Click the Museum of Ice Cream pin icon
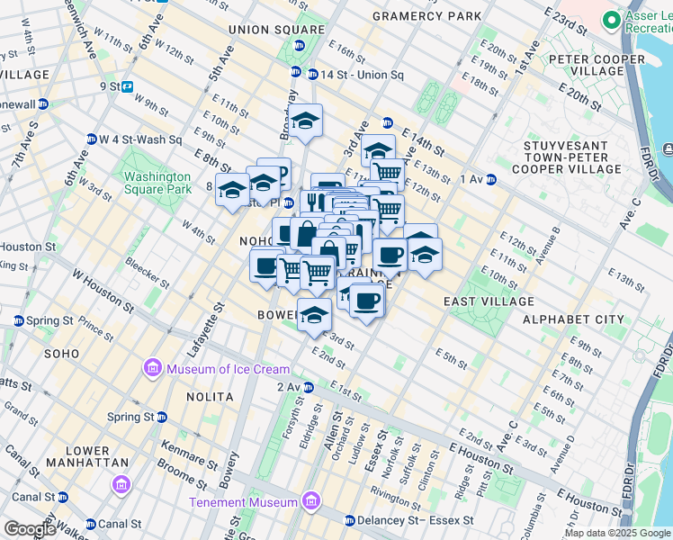(152, 369)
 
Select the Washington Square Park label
(157, 184)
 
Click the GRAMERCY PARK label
(426, 17)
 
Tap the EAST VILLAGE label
(489, 302)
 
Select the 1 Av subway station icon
(491, 179)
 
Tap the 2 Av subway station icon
(308, 387)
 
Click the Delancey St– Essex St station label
(416, 520)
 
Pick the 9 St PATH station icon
(128, 87)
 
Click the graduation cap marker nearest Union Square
(306, 121)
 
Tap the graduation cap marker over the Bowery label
(314, 315)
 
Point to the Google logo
(29, 529)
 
